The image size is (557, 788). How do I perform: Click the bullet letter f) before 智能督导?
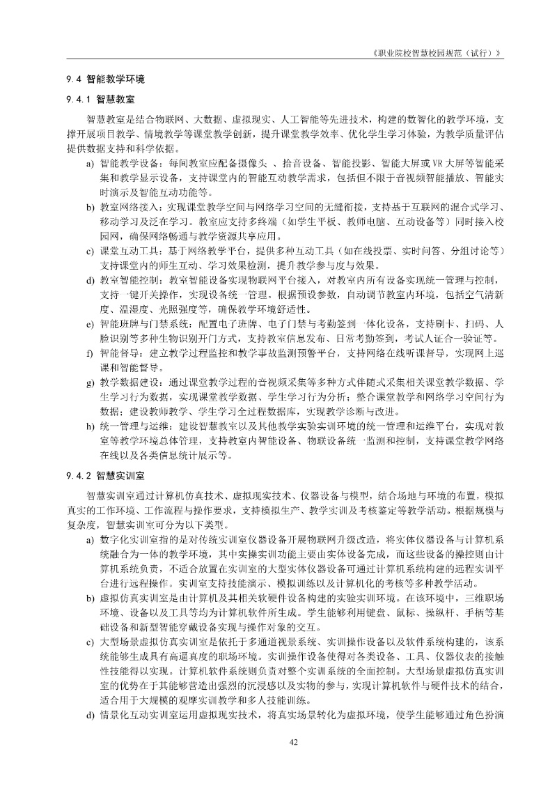point(90,353)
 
